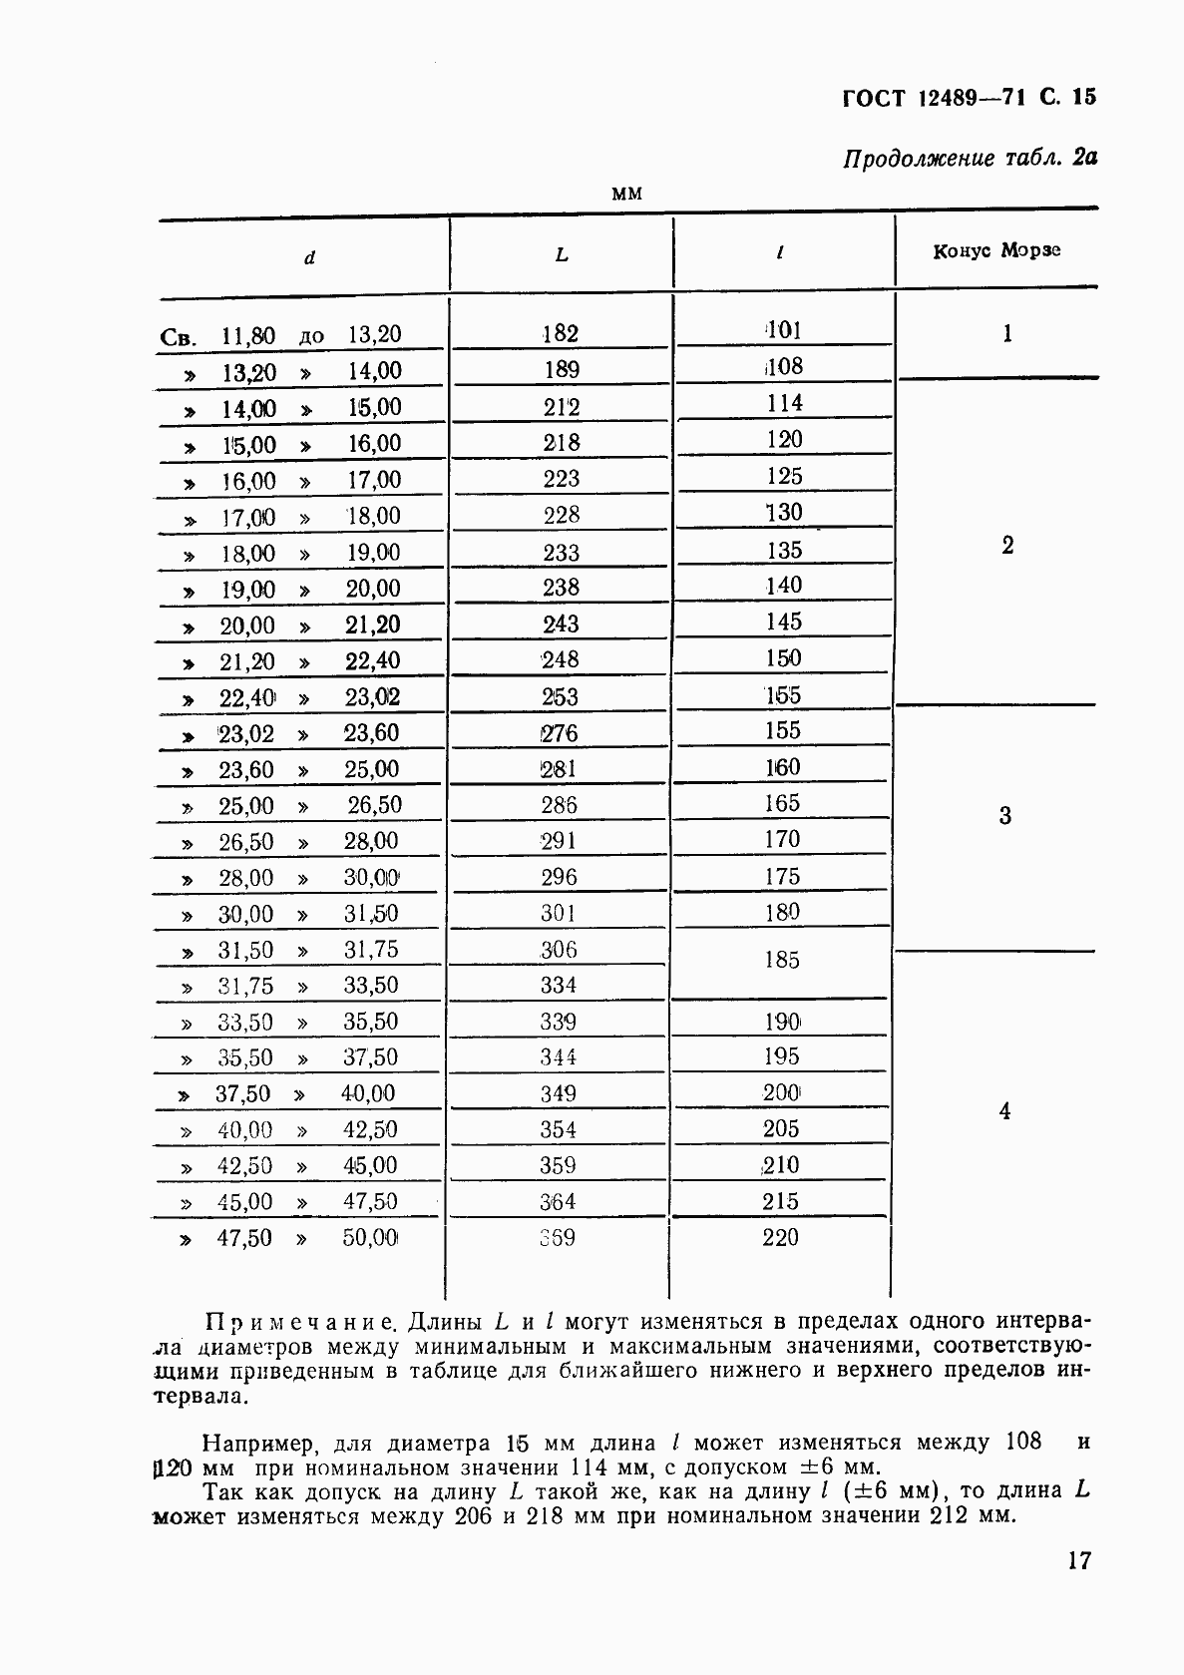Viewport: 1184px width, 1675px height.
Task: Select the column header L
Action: click(562, 256)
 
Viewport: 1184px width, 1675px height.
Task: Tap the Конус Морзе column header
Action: click(995, 250)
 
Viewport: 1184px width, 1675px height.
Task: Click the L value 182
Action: click(561, 334)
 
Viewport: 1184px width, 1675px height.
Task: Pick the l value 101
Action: click(783, 330)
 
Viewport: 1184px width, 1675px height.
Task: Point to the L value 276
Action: click(559, 733)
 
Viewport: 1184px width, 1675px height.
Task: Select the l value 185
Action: click(782, 960)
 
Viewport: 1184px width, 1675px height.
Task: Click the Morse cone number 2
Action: click(1006, 546)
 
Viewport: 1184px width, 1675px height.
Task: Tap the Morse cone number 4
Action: click(1004, 1111)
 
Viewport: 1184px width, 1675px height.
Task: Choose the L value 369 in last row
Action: click(558, 1238)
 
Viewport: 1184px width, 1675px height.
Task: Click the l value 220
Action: click(780, 1238)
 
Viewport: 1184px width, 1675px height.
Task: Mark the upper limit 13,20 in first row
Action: click(374, 334)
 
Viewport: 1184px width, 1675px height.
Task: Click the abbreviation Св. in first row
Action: click(178, 337)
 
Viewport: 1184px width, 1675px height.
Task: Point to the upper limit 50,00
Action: click(370, 1238)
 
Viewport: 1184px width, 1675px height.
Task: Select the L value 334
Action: click(558, 986)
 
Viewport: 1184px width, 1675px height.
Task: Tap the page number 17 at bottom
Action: click(1078, 1560)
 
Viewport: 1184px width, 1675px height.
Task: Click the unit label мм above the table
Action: click(625, 194)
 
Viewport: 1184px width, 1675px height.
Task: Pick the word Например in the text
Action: click(259, 1444)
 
